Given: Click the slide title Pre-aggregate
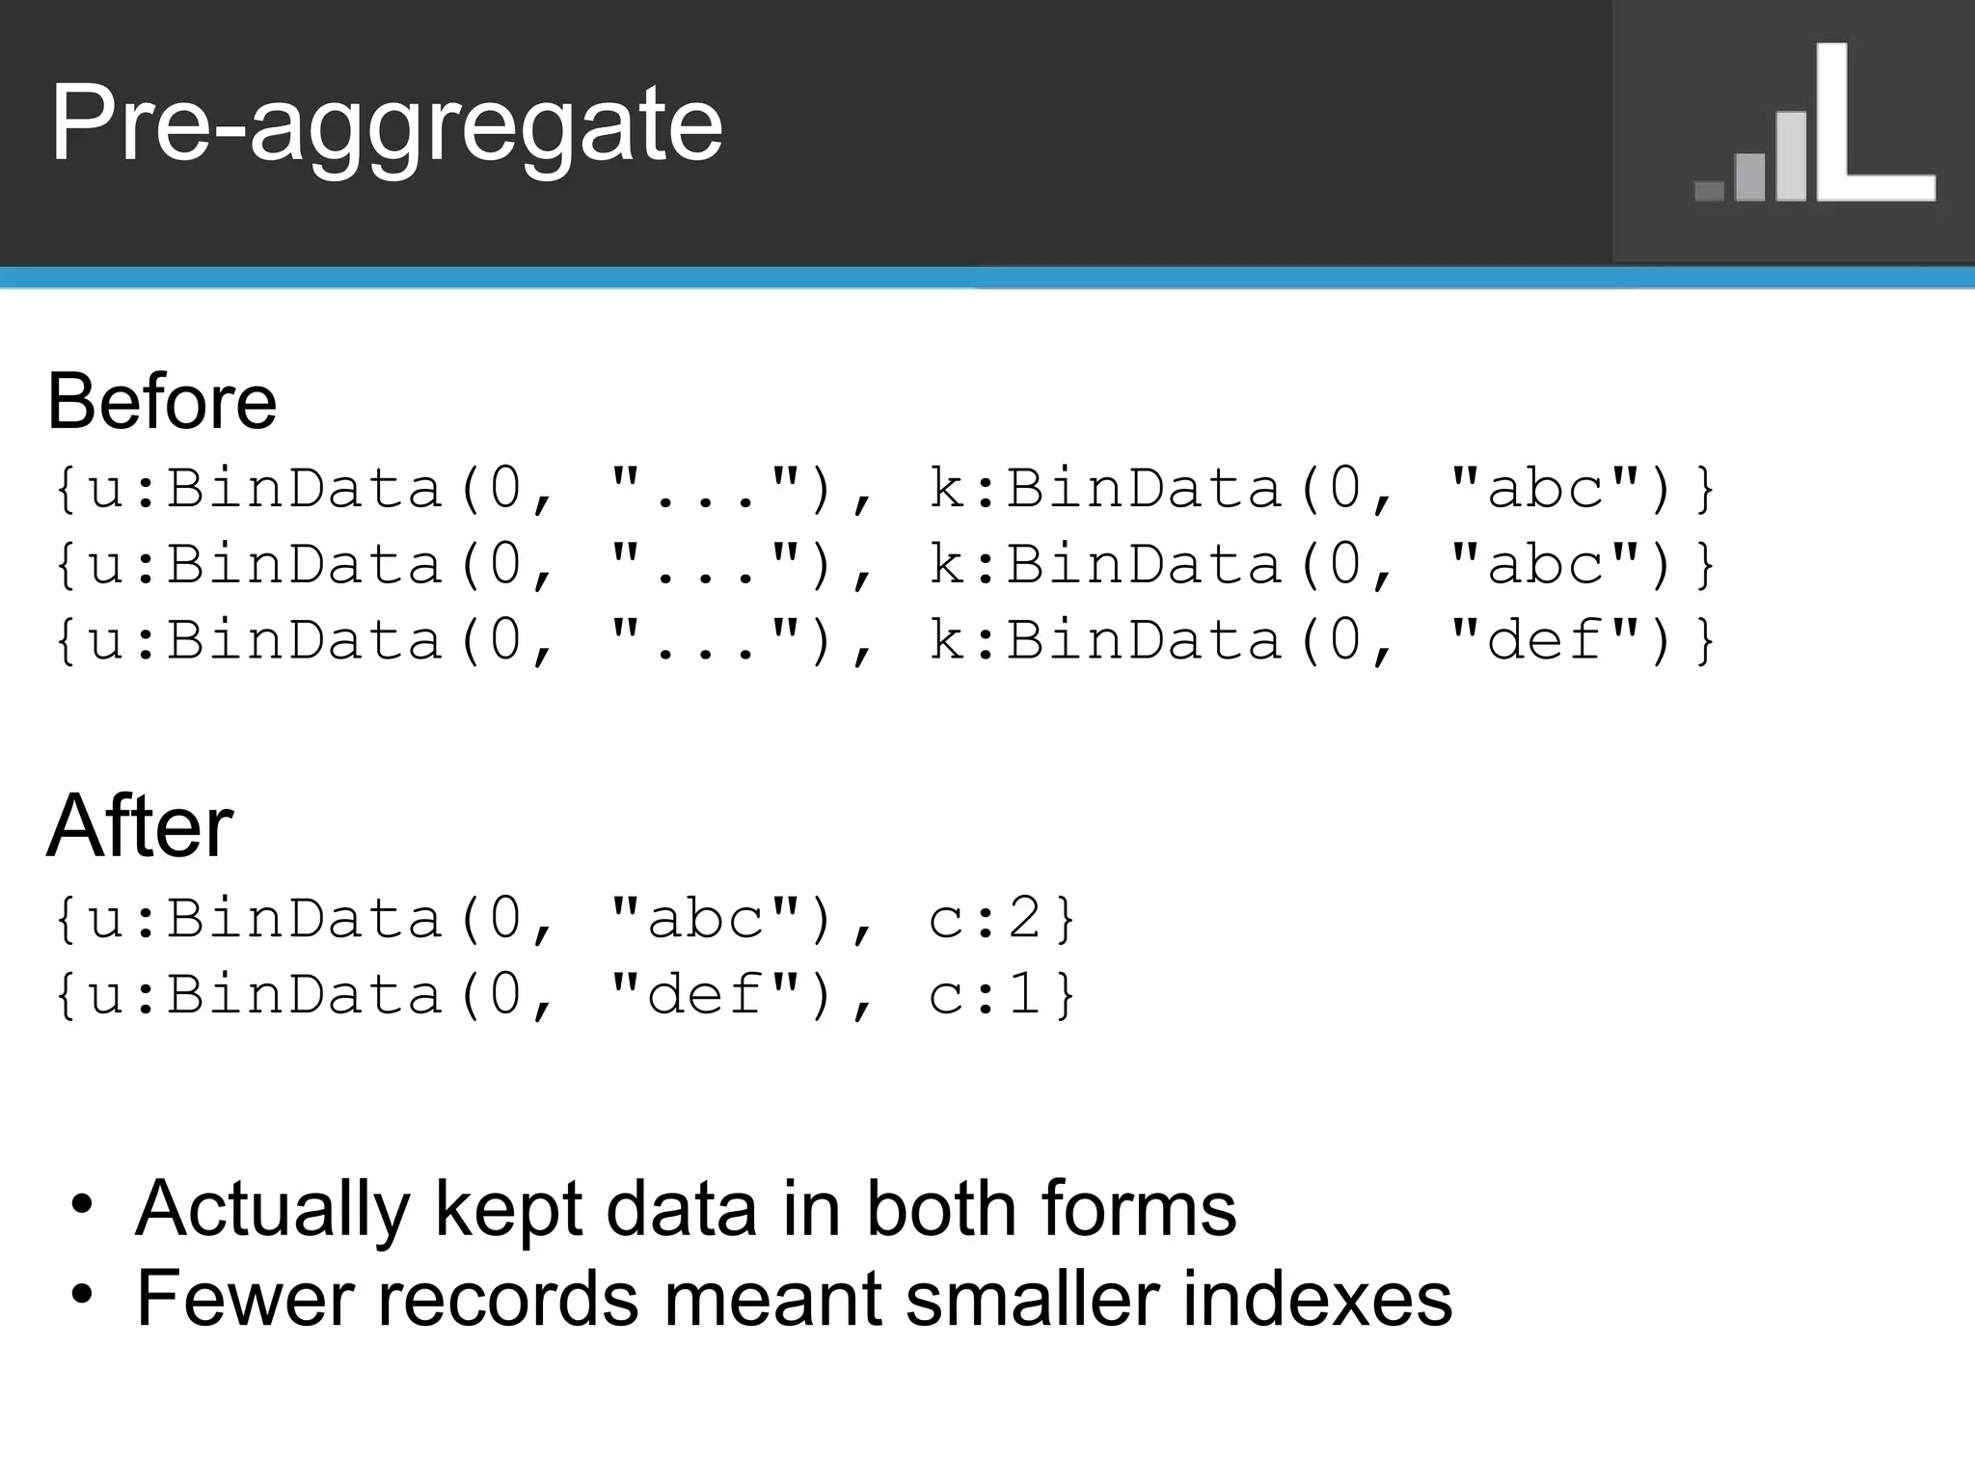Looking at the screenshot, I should point(386,125).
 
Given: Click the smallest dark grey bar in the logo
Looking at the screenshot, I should point(1709,191).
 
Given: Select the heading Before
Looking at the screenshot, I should point(162,401).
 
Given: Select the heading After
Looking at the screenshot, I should point(140,826).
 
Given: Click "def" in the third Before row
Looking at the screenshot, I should point(1544,640).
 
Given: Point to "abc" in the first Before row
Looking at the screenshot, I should point(1544,488).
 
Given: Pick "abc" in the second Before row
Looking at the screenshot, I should point(1544,564).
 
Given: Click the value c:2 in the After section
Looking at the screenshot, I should point(985,918).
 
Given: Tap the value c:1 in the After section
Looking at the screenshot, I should point(985,994).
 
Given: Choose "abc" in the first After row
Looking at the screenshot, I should point(705,918).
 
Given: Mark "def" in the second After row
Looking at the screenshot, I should point(705,994).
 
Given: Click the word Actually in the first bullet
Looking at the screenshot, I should point(273,1210).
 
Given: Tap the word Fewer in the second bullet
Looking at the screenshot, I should point(245,1299).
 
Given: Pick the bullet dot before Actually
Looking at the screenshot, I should point(83,1205).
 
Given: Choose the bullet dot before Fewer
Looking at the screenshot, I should point(83,1294).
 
